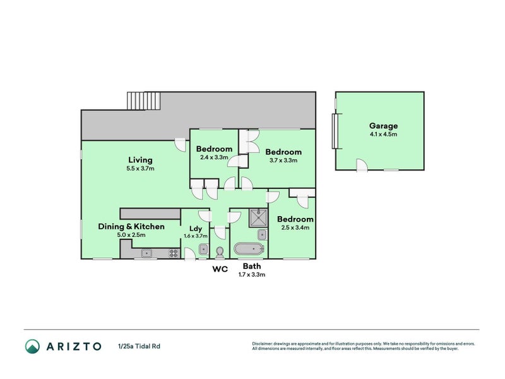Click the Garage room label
[383, 126]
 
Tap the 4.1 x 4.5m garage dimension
[383, 135]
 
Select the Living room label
[140, 160]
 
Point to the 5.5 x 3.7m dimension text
[140, 168]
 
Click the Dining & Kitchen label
[131, 226]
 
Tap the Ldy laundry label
[196, 229]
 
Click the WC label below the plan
[220, 269]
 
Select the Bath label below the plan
[252, 266]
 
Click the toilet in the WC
[220, 252]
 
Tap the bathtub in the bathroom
[249, 249]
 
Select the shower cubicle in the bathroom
[258, 218]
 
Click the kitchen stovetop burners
[174, 253]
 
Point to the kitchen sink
[146, 253]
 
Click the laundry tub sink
[203, 250]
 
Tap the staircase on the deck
[144, 101]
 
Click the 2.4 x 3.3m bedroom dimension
[214, 157]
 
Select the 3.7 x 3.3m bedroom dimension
[283, 160]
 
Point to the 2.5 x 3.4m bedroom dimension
[295, 227]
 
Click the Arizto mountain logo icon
[33, 346]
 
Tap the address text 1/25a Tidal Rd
[139, 346]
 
